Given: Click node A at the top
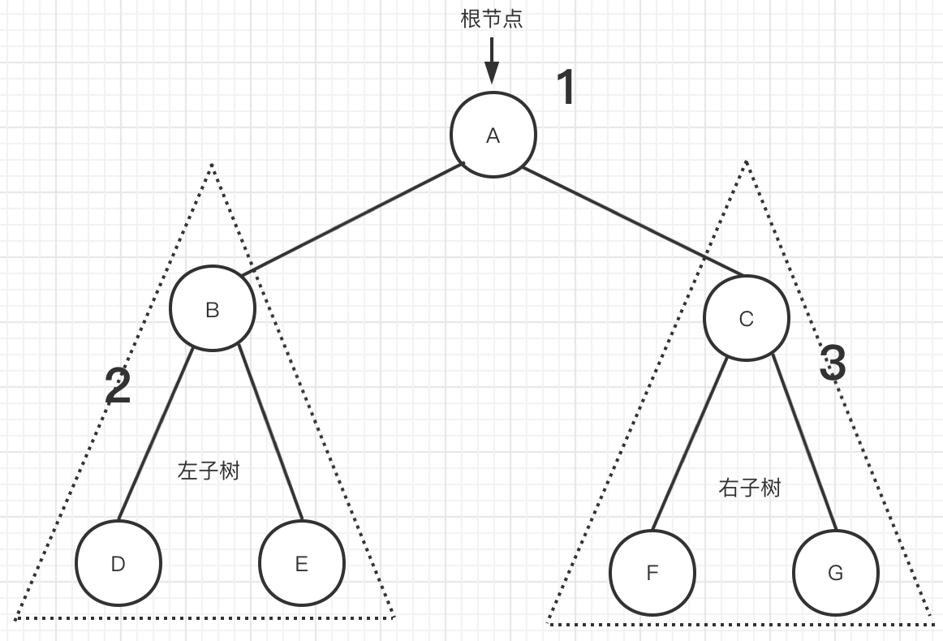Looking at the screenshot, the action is point(493,136).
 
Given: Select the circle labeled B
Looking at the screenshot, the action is point(213,309).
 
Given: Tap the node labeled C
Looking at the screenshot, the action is point(746,319).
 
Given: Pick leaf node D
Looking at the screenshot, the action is point(118,563).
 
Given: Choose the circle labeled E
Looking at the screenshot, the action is point(302,563).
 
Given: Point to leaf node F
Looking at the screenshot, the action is point(652,573).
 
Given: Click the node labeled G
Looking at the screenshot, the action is point(835,573).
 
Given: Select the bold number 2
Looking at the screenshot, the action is point(118,386).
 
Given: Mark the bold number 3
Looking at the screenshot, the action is point(833,363).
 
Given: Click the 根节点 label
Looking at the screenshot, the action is point(492,19).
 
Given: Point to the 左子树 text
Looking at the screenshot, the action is point(209,471).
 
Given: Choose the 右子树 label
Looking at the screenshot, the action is point(750,488).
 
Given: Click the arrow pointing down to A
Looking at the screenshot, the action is point(492,60).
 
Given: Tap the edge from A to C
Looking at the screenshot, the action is point(633,222).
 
